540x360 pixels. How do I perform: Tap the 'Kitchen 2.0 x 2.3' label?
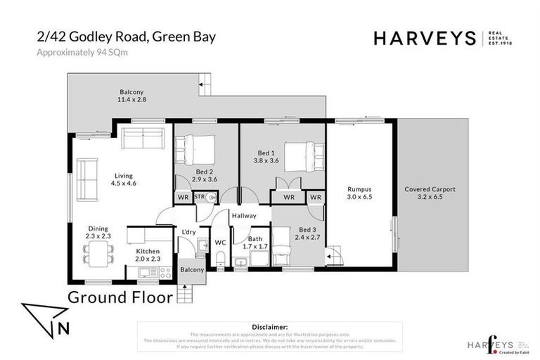pos(148,255)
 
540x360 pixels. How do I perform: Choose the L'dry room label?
pos(188,232)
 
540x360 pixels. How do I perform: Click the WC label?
pos(220,243)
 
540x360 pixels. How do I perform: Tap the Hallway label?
pos(244,216)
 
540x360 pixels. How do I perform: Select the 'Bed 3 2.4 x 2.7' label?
pos(308,233)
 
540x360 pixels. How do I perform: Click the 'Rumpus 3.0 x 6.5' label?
pos(359,193)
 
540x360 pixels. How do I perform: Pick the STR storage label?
pos(199,197)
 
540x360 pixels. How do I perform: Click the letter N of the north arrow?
pos(63,326)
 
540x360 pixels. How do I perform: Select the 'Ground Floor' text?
pos(120,297)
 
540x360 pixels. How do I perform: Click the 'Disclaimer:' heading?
pos(269,327)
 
